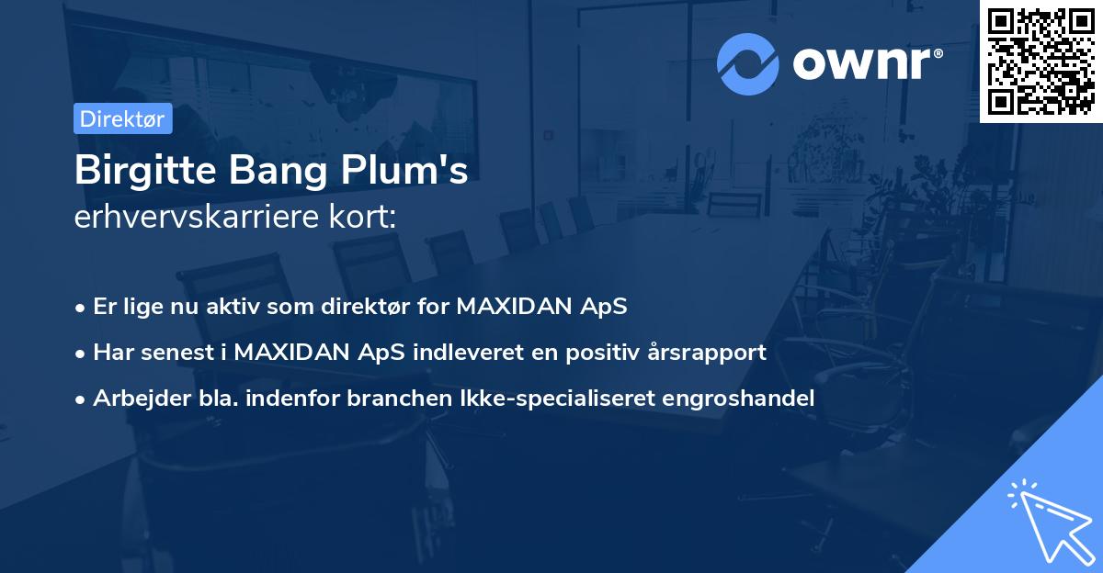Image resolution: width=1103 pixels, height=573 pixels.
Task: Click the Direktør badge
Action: (122, 118)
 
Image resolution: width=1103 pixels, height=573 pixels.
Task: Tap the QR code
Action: (1041, 61)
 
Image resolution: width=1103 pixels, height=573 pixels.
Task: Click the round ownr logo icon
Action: (748, 63)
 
